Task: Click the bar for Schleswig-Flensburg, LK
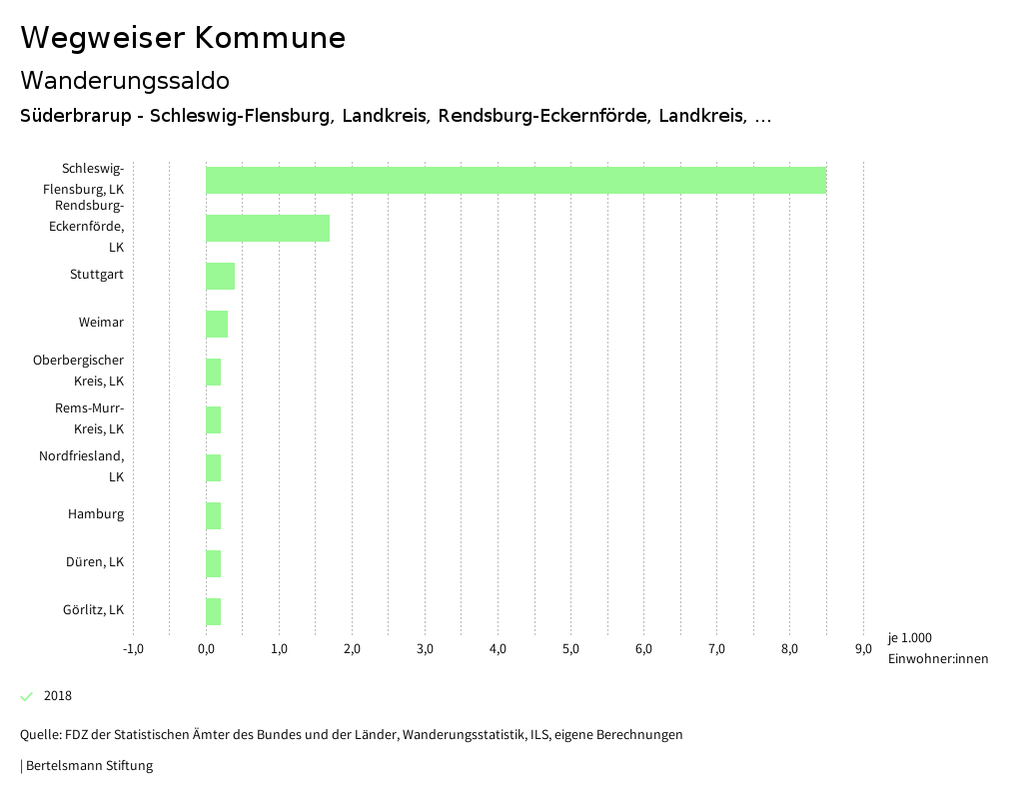tap(515, 180)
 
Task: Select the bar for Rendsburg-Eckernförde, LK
tap(268, 228)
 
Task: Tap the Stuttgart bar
tap(220, 276)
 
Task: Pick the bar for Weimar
tap(217, 324)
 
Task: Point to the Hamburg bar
tap(213, 515)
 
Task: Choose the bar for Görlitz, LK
tap(213, 611)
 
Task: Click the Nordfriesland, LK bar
tap(213, 467)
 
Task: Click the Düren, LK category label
tap(95, 562)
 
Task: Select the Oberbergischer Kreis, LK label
tap(79, 371)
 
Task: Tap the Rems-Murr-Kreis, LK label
tap(89, 418)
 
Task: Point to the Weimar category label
tap(101, 323)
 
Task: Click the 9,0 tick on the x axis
tap(862, 649)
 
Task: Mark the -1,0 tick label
tap(133, 649)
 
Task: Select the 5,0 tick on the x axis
tap(570, 649)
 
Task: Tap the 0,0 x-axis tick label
tap(206, 649)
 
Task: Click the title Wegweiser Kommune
tap(183, 38)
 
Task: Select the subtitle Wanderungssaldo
tap(125, 80)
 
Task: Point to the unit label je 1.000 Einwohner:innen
tap(937, 648)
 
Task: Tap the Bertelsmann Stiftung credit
tap(88, 766)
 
